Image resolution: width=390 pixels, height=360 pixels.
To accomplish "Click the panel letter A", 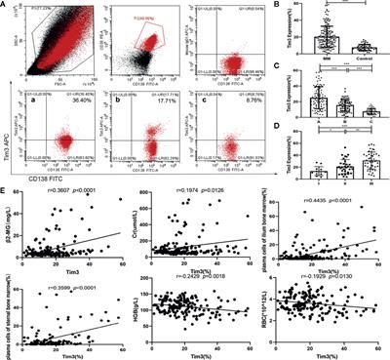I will [6, 6].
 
